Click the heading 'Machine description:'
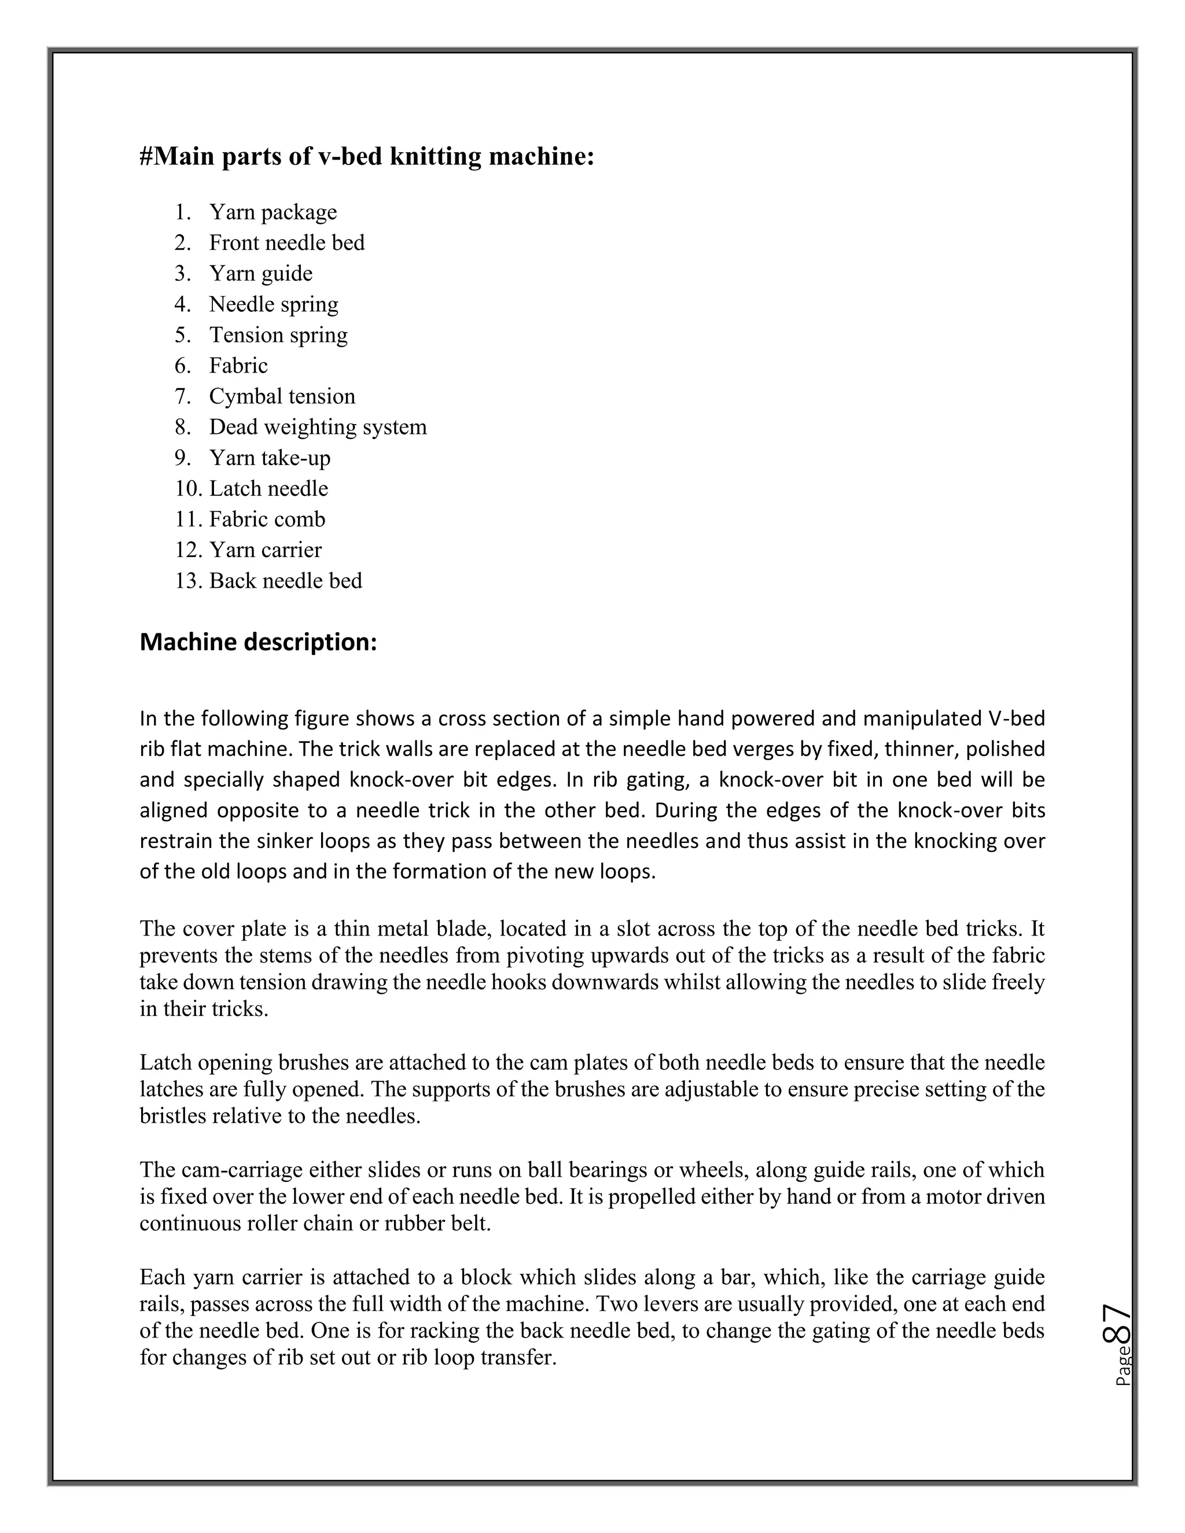[258, 642]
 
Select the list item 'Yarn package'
[273, 211]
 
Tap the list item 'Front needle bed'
[286, 242]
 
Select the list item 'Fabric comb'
[267, 519]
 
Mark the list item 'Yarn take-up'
[270, 458]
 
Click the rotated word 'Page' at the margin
[1123, 1366]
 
